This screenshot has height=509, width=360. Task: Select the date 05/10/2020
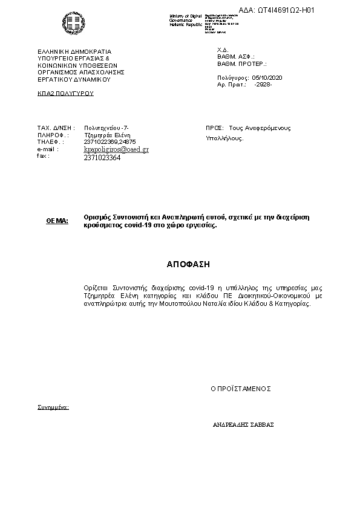(x=267, y=78)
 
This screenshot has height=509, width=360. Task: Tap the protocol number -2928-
(x=263, y=85)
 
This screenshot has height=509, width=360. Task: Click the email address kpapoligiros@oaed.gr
(x=116, y=149)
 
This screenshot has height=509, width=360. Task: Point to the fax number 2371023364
(x=102, y=157)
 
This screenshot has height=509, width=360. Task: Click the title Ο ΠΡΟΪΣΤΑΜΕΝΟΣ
(x=241, y=388)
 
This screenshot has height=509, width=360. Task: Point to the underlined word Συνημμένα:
(x=53, y=407)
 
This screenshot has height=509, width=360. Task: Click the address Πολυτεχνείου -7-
(x=106, y=128)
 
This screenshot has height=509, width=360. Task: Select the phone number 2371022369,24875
(x=110, y=141)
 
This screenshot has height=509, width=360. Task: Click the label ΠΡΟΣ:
(x=215, y=128)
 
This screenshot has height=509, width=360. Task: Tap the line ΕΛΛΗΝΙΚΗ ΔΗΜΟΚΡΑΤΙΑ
(x=75, y=52)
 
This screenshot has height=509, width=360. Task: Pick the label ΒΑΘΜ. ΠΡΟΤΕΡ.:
(x=242, y=63)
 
